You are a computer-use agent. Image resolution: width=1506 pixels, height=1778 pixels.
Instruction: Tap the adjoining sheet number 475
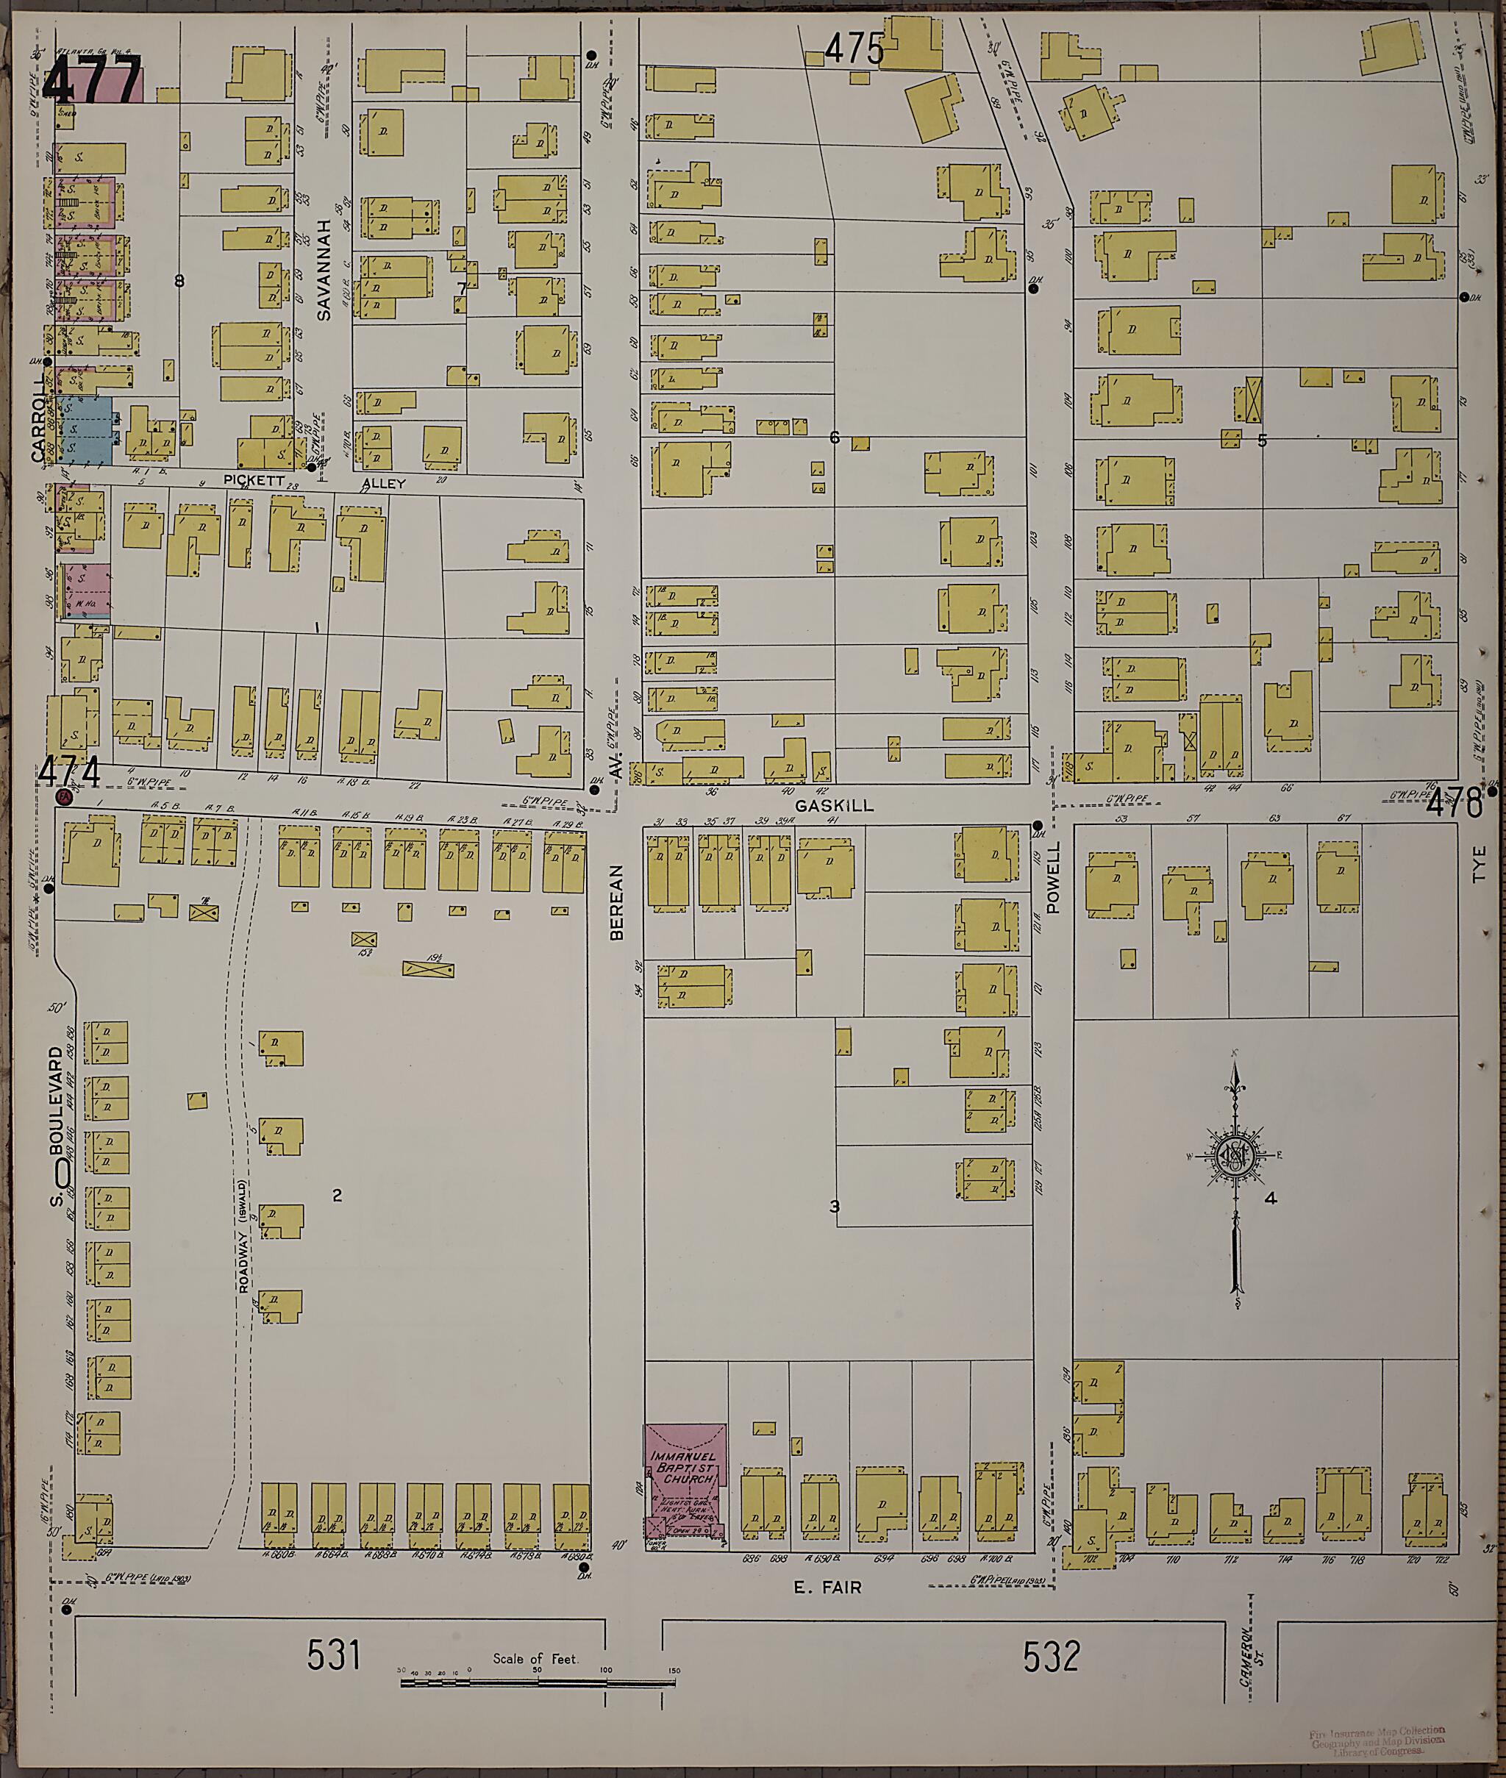pos(853,50)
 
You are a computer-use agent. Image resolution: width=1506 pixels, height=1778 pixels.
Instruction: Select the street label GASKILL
pos(834,805)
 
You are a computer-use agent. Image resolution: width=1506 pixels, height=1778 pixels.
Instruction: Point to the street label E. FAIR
pos(827,1587)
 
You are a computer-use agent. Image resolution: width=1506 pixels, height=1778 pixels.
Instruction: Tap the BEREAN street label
pos(616,902)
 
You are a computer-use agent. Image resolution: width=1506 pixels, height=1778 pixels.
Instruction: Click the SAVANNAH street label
pos(324,270)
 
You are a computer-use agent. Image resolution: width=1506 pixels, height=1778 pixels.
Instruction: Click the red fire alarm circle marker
pos(63,797)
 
